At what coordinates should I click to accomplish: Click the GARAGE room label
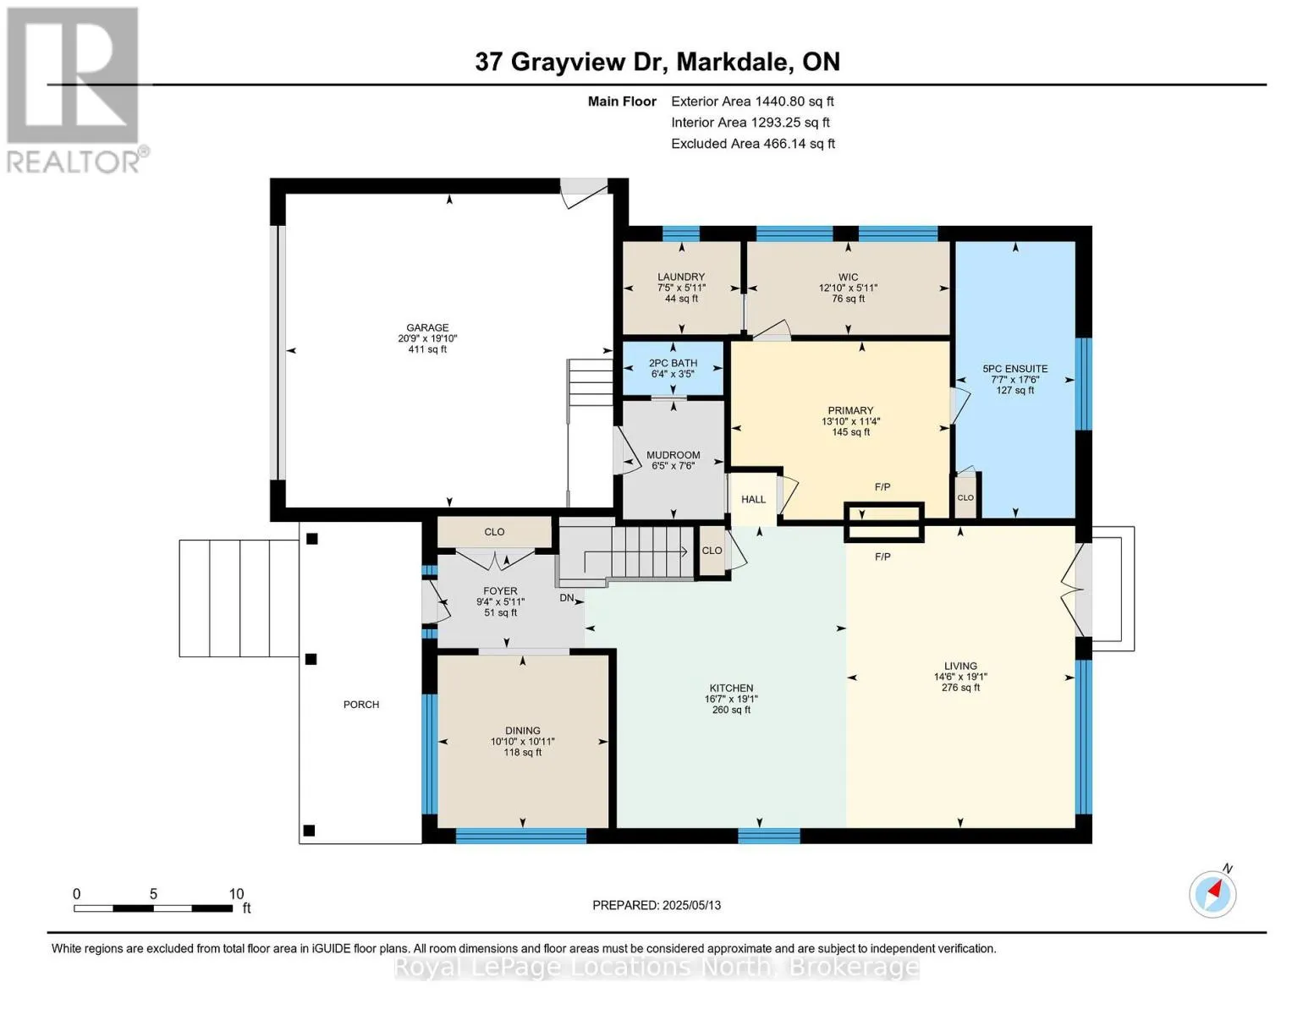point(427,327)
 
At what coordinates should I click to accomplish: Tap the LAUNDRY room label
point(681,277)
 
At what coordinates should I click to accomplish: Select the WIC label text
point(848,277)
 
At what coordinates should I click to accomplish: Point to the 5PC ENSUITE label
point(1014,369)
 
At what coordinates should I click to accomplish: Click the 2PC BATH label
point(673,364)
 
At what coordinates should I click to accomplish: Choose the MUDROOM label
point(673,455)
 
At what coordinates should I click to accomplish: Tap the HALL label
point(753,499)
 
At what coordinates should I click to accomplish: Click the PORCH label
point(361,705)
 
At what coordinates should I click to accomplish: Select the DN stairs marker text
point(567,598)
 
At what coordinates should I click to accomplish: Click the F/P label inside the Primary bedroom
point(882,486)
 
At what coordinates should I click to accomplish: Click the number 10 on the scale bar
point(236,893)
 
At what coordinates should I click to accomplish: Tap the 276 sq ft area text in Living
point(960,688)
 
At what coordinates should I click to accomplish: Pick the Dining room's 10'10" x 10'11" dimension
point(522,742)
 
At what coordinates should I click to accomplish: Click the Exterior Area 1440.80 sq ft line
point(752,101)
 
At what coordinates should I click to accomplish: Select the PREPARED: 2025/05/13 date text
point(657,905)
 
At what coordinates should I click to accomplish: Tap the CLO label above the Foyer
point(494,532)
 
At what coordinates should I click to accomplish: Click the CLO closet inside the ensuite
point(965,497)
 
